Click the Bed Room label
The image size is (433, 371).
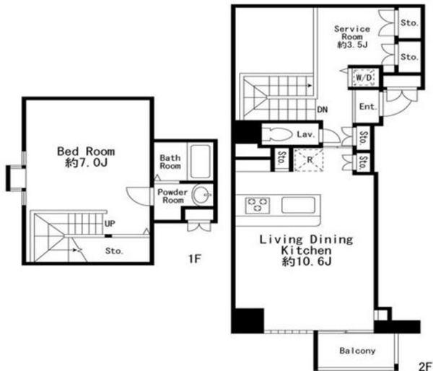(x=86, y=157)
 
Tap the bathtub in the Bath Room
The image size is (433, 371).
(x=200, y=162)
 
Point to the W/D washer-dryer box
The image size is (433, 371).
(x=364, y=77)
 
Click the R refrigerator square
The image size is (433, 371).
(x=308, y=160)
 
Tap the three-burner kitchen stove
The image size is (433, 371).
(x=258, y=205)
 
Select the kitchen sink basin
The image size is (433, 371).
(x=298, y=205)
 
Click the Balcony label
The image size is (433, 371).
(x=357, y=351)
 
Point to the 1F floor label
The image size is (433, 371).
(x=195, y=259)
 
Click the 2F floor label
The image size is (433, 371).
(x=426, y=366)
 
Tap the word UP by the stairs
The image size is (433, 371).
(x=110, y=223)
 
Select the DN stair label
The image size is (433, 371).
(x=323, y=110)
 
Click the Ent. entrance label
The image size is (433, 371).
(x=368, y=107)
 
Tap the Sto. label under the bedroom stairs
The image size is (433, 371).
(x=114, y=251)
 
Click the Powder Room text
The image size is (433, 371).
(x=172, y=196)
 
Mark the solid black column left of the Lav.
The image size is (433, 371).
(x=246, y=132)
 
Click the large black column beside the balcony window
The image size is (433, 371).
(x=248, y=320)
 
